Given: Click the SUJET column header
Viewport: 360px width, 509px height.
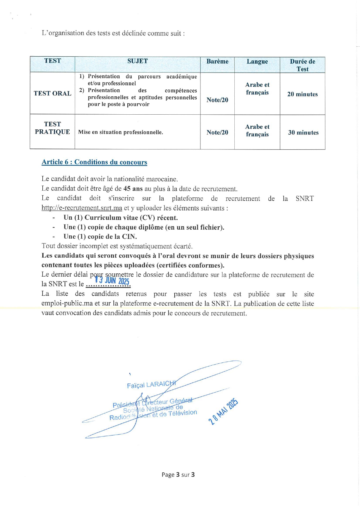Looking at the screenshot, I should tap(138, 61).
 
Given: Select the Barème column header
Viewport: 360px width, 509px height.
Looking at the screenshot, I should tap(217, 62).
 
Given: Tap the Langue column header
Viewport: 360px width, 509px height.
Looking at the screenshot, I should tap(257, 62).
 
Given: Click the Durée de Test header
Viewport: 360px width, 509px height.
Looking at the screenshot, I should tap(302, 65).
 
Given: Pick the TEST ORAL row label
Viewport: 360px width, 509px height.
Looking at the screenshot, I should tap(53, 93).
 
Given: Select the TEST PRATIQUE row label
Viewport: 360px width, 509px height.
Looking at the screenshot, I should tap(53, 128).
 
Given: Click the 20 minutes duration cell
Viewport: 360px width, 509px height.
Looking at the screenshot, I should tap(302, 94).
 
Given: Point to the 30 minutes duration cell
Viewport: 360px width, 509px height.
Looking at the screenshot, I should tap(303, 133).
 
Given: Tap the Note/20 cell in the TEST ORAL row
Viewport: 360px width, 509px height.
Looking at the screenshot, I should tap(217, 100).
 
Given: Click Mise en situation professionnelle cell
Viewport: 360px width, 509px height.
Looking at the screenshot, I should tap(121, 132).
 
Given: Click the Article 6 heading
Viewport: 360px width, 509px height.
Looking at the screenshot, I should tap(94, 162).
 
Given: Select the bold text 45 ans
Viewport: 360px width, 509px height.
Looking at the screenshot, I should tap(133, 189).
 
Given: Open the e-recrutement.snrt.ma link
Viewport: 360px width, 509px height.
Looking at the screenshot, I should tap(82, 208).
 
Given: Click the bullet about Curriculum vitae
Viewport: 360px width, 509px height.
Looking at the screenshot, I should tap(120, 218).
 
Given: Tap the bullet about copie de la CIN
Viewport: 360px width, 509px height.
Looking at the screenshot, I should tap(100, 237).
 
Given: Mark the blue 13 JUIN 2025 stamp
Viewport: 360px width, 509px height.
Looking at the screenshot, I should tap(112, 281).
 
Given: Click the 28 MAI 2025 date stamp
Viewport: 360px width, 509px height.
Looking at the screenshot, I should tap(223, 412).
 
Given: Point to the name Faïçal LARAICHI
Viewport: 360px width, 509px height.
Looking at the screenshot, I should tap(151, 385).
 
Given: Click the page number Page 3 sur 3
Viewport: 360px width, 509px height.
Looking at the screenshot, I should tap(178, 475).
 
